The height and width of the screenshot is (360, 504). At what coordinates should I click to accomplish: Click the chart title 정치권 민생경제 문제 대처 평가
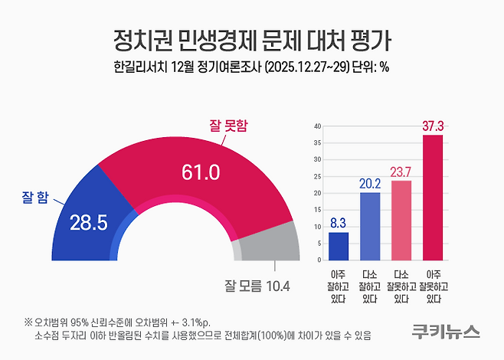pyautogui.click(x=252, y=38)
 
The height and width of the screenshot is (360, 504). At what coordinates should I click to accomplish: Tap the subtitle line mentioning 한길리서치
pyautogui.click(x=252, y=67)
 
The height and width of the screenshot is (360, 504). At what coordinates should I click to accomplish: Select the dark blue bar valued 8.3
pyautogui.click(x=339, y=247)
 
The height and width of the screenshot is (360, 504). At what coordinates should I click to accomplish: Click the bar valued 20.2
pyautogui.click(x=370, y=227)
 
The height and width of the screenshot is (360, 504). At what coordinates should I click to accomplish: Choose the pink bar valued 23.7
pyautogui.click(x=401, y=221)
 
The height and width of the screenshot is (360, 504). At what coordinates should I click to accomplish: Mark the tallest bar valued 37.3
pyautogui.click(x=433, y=198)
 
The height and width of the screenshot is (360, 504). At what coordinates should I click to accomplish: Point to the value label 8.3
pyautogui.click(x=339, y=224)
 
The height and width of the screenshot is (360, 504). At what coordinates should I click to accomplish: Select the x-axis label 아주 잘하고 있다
pyautogui.click(x=339, y=286)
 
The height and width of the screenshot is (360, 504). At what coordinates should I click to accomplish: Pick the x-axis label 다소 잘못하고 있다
pyautogui.click(x=401, y=286)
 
